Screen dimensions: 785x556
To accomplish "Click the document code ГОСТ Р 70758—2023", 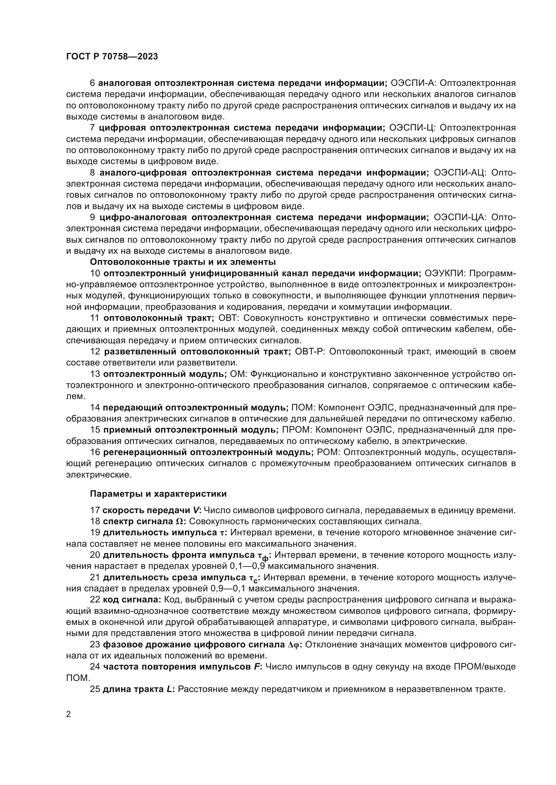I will [112, 57].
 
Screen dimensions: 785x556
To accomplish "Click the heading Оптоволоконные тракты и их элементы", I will [183, 262].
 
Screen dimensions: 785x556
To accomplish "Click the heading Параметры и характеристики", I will [158, 494].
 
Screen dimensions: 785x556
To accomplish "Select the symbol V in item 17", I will [196, 510].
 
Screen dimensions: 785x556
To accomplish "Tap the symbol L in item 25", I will [169, 689].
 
